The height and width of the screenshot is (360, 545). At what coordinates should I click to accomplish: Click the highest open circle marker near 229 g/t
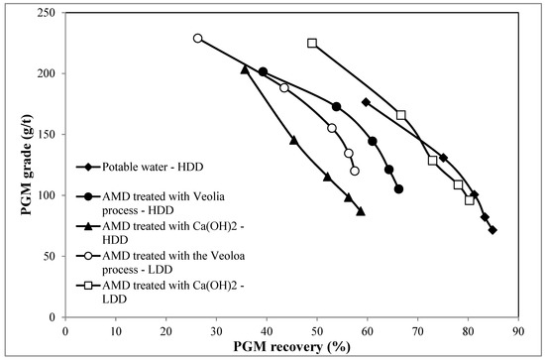click(x=198, y=39)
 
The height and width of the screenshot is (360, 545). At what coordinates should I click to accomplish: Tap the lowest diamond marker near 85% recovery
click(x=492, y=230)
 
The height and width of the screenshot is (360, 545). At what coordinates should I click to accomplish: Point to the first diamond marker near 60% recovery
click(x=366, y=102)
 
